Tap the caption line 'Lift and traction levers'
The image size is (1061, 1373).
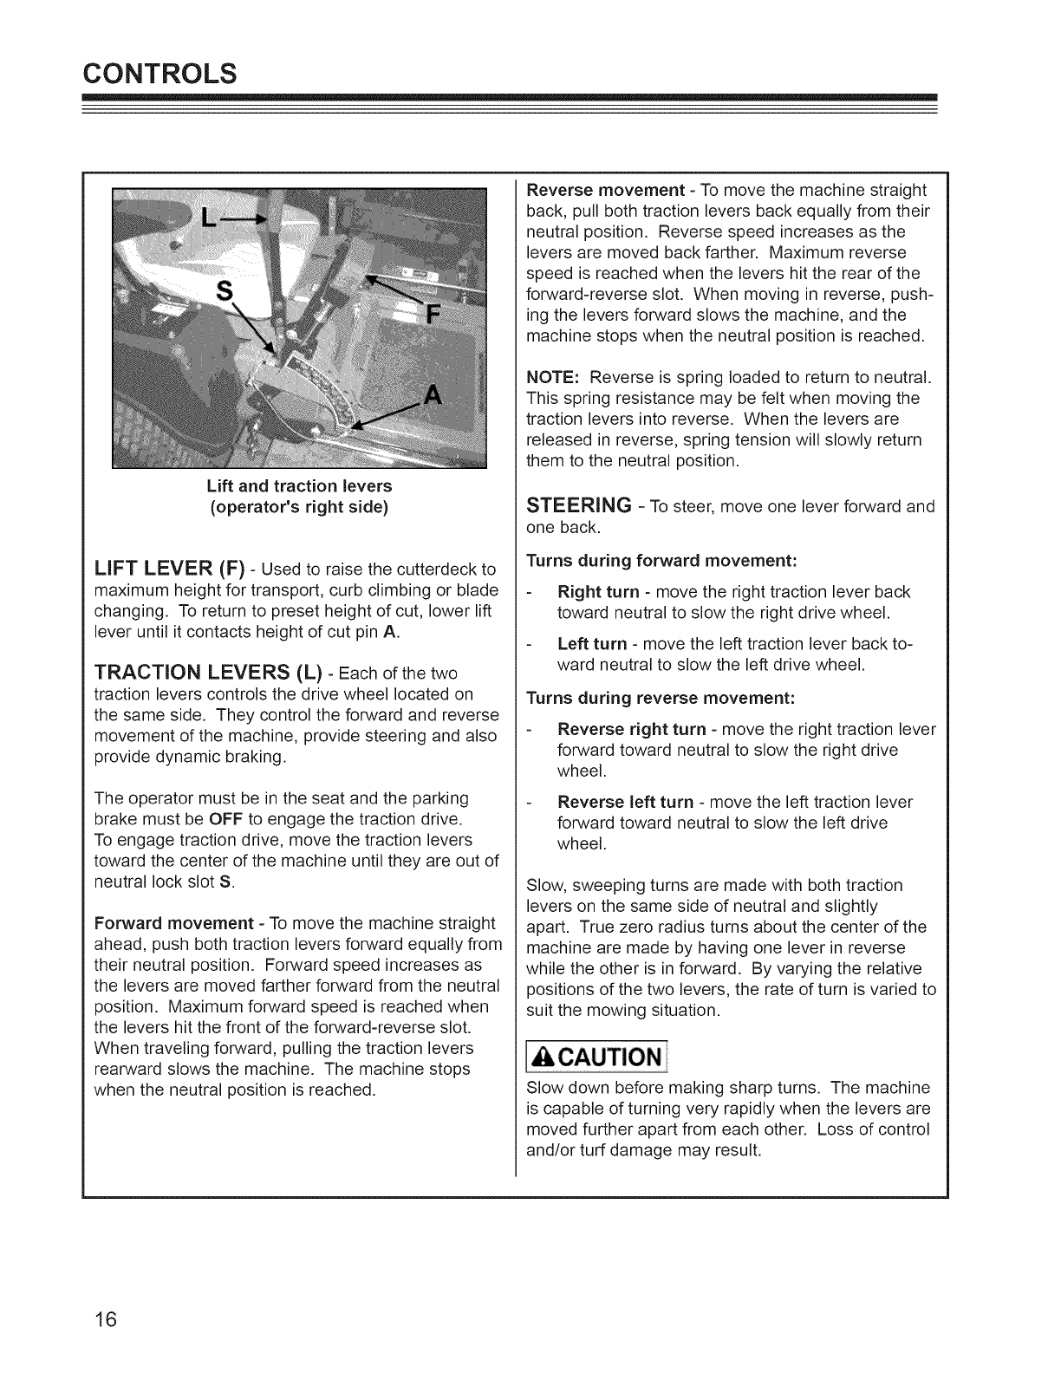tap(299, 485)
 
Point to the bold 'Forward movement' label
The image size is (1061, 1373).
tap(173, 923)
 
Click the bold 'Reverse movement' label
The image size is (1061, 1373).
tap(605, 190)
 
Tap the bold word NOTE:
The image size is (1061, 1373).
tap(553, 378)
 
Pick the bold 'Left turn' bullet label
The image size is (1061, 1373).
tap(591, 644)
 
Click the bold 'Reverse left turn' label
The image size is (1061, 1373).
tap(626, 802)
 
